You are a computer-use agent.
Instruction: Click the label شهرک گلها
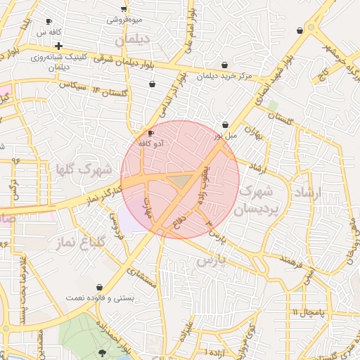click(x=83, y=169)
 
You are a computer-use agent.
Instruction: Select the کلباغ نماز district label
click(x=79, y=241)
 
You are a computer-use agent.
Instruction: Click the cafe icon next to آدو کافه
click(x=150, y=134)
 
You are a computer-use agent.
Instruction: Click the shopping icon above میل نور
click(x=225, y=124)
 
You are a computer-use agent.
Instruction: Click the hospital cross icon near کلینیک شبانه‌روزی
click(x=59, y=46)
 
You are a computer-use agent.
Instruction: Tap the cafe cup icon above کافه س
click(x=48, y=22)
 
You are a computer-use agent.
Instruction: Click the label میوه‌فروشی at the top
click(x=124, y=20)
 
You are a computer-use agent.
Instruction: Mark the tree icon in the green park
click(x=103, y=352)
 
